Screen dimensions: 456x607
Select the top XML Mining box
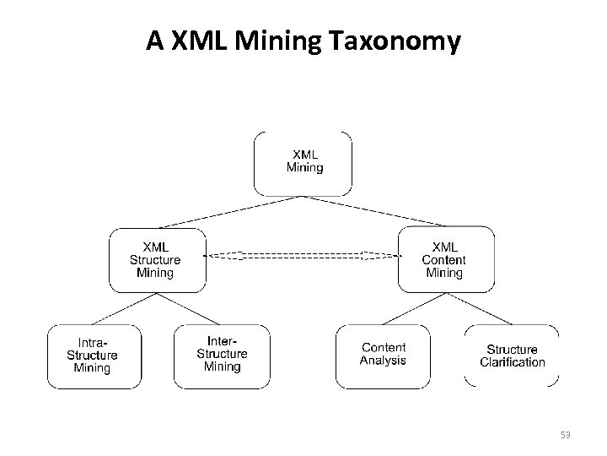click(x=303, y=162)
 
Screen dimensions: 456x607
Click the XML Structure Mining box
click(x=157, y=260)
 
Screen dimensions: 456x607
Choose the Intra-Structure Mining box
click(x=92, y=356)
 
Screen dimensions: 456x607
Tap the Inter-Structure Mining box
click(x=222, y=355)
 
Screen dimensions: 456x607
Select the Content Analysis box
click(x=383, y=355)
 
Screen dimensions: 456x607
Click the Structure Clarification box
click(x=512, y=356)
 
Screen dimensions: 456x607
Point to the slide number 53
click(x=566, y=435)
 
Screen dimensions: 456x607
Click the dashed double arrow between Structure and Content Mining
click(x=302, y=255)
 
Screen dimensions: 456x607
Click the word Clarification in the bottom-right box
click(x=512, y=362)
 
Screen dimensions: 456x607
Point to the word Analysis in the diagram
click(x=383, y=361)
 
